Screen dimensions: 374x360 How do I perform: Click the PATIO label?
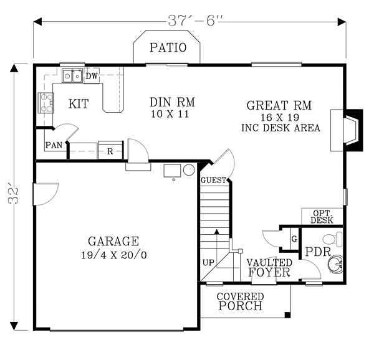pos(168,47)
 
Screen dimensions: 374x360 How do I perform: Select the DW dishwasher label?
pos(92,76)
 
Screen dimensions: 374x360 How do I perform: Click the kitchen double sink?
pos(72,76)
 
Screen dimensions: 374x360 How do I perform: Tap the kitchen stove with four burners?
pos(46,103)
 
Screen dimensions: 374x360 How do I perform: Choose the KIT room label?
pos(79,103)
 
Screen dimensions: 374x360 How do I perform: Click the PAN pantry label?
pos(54,145)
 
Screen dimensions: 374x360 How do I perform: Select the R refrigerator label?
pos(110,151)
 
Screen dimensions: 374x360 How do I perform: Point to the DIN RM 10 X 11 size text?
pos(170,114)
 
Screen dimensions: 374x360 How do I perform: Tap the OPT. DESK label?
pos(322,217)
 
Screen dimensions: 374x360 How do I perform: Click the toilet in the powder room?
pos(332,239)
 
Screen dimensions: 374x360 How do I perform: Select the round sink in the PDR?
pos(335,263)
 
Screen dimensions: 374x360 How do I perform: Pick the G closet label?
pos(295,239)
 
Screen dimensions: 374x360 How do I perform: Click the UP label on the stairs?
pos(208,263)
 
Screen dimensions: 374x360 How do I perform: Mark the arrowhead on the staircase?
pos(216,231)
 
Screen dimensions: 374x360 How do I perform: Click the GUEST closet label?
pos(213,180)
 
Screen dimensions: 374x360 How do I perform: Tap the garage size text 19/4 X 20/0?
pos(114,255)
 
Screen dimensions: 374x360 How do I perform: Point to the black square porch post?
pos(287,315)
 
